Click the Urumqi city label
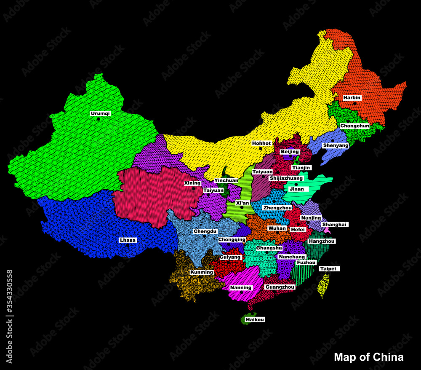(x=100, y=113)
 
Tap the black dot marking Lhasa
(x=128, y=245)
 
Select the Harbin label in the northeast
(x=352, y=97)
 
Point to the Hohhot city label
(x=261, y=143)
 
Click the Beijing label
(x=290, y=151)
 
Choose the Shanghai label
(x=334, y=225)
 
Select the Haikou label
(x=255, y=319)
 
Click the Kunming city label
(x=202, y=272)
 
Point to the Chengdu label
(x=205, y=231)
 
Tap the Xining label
(x=192, y=183)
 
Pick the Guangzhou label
(x=280, y=287)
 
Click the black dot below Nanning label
(x=241, y=292)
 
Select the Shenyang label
(x=336, y=145)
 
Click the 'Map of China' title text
(x=368, y=357)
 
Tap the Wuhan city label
(x=277, y=228)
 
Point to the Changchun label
(x=354, y=126)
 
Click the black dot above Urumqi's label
(x=99, y=119)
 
